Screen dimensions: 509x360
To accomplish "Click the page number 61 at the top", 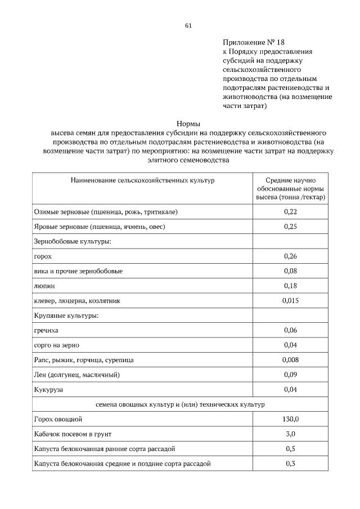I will click(x=188, y=25).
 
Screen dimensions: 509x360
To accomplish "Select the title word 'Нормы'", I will click(x=188, y=123).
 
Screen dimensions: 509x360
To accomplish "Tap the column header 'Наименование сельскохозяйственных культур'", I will click(x=142, y=181).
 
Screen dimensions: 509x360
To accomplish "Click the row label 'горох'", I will click(x=43, y=256).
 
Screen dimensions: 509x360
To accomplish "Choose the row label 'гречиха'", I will click(x=46, y=330).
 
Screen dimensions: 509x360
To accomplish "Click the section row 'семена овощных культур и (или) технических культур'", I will click(x=180, y=404).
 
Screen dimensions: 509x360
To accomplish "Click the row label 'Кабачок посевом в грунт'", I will click(x=73, y=434).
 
